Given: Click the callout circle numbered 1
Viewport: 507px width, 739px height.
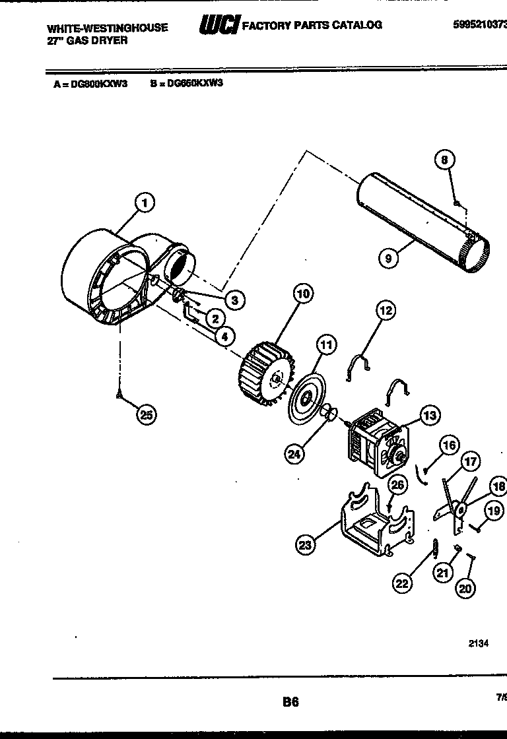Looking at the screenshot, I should (145, 203).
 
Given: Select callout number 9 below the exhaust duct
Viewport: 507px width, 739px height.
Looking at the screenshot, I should (389, 259).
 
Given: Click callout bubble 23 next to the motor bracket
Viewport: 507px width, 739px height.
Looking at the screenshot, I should (305, 544).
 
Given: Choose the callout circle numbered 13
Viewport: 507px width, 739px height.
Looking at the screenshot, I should (429, 415).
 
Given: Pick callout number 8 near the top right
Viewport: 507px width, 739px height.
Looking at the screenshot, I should (445, 159).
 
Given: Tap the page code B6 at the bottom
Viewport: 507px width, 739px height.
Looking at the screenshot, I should (290, 702).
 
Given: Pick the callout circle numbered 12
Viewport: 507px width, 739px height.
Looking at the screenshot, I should (386, 309).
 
